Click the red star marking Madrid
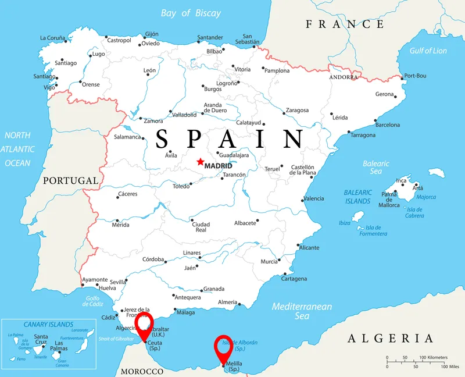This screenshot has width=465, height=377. coord(201,162)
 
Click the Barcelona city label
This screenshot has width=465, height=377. coord(388,125)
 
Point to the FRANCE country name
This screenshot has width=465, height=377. coord(345,24)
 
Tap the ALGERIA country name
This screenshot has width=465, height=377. coord(391,339)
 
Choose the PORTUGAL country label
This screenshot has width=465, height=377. coord(70,181)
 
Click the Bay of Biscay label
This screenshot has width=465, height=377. coord(191,13)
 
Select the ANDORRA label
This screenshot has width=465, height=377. coord(344,77)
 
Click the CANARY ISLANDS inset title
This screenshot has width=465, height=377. coord(48,324)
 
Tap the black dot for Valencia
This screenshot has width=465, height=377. coord(303,200)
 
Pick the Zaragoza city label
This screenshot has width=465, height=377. coord(297,110)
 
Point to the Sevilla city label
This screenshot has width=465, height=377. coord(118,282)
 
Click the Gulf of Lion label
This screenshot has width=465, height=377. coord(428,51)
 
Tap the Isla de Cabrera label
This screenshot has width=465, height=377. coord(415,212)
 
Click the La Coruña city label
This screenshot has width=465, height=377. coord(52,38)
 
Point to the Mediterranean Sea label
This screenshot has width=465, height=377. coord(302,311)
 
